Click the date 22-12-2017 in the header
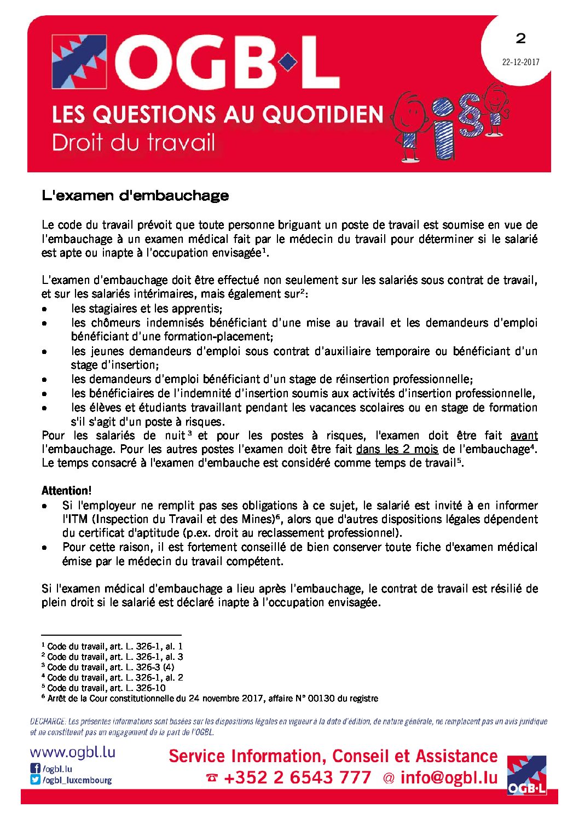pos(520,62)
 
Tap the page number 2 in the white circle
pos(520,38)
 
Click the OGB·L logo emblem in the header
pos(79,62)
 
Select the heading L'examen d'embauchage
pos(135,195)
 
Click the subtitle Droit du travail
pos(134,143)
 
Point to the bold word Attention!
pos(67,491)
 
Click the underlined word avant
pos(524,435)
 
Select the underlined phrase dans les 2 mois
pos(397,449)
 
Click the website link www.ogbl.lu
pos(73,752)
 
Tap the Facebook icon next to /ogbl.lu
pos(35,769)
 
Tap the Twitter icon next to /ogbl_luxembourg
pos(35,780)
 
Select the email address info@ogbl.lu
pos(449,777)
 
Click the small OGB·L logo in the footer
pos(526,775)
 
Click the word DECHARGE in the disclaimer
pos(48,722)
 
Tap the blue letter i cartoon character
pos(447,129)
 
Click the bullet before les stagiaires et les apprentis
pos(44,309)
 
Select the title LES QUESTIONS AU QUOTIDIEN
pos(217,115)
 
